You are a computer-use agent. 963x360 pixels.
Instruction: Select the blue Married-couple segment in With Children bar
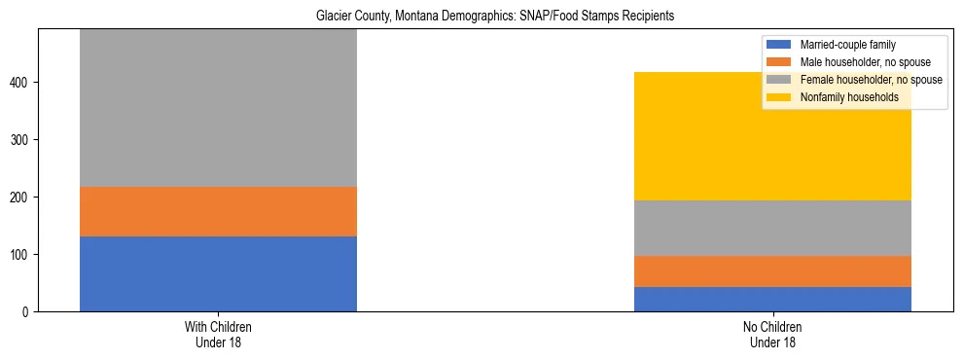pyautogui.click(x=218, y=273)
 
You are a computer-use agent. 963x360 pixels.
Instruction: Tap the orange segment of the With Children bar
pyautogui.click(x=218, y=211)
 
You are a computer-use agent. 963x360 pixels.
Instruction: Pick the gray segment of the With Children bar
pyautogui.click(x=218, y=107)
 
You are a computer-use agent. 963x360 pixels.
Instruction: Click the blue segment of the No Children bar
pyautogui.click(x=772, y=299)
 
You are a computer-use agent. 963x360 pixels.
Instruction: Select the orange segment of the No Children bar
pyautogui.click(x=772, y=271)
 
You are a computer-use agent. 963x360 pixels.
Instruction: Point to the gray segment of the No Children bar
pyautogui.click(x=772, y=228)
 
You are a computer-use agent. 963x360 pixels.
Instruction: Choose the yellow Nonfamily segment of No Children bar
pyautogui.click(x=772, y=136)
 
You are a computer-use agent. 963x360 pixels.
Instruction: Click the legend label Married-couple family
pyautogui.click(x=847, y=45)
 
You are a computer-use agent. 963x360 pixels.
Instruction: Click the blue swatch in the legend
pyautogui.click(x=779, y=45)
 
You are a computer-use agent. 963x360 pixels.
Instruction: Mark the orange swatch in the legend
pyautogui.click(x=779, y=62)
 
